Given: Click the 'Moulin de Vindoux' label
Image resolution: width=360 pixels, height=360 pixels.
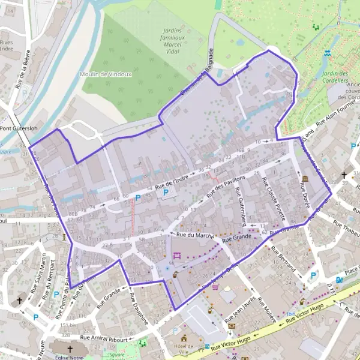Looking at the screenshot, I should click(106, 74).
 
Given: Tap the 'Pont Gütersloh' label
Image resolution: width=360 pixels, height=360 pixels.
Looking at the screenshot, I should click(19, 128).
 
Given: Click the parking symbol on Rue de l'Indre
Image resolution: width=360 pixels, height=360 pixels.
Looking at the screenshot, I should click(166, 193).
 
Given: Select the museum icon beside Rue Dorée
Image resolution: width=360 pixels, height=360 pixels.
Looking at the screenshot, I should click(305, 179).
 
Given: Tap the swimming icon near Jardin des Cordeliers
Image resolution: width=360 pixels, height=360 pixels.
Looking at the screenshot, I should click(326, 53).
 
